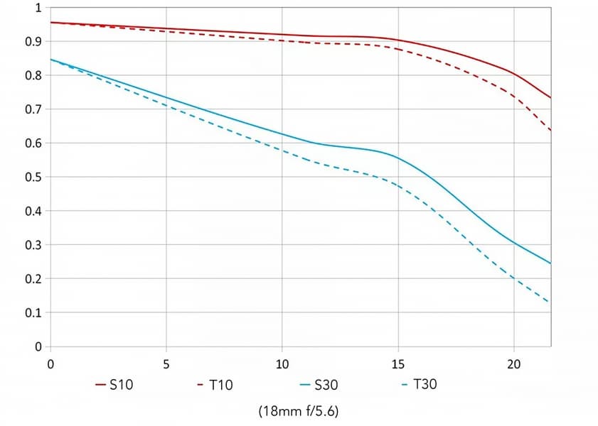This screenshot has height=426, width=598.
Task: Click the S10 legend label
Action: [x=121, y=386]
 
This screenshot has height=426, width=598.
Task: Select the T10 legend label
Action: [x=220, y=386]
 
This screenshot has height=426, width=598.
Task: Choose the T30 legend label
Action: [x=425, y=386]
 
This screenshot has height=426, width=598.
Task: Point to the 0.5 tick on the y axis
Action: [x=34, y=177]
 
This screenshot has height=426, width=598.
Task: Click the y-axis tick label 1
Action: [x=38, y=8]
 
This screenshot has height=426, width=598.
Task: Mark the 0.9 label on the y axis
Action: [x=34, y=42]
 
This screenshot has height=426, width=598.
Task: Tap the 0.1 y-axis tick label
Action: [x=34, y=312]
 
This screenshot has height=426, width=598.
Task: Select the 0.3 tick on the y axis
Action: [x=34, y=245]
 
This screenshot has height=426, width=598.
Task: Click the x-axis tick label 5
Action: [x=166, y=364]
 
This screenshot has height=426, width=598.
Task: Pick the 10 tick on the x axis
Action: [x=282, y=364]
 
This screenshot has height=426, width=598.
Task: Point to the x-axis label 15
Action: [x=398, y=364]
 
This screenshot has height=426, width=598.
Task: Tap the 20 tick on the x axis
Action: [x=514, y=364]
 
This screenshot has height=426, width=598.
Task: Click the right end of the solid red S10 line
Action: [x=550, y=97]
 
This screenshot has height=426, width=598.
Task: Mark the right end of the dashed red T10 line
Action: [x=550, y=131]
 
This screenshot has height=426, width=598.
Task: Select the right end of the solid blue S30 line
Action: [x=550, y=263]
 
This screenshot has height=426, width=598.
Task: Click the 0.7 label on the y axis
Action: [x=34, y=109]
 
